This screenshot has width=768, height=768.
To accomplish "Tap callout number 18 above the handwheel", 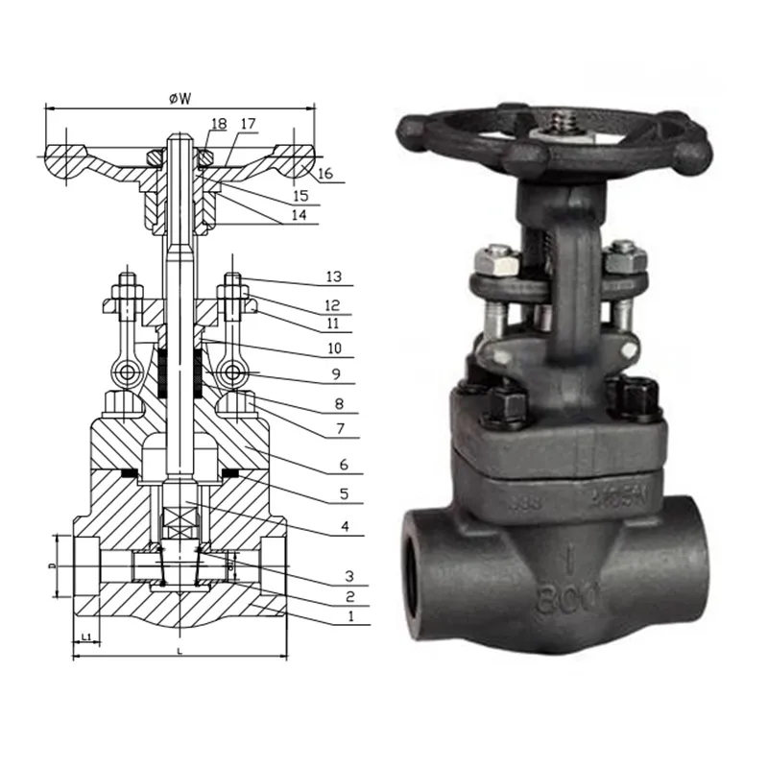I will coord(218,124).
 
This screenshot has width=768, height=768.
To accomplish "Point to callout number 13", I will coord(333,277).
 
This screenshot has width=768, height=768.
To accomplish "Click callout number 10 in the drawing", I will coord(333,350).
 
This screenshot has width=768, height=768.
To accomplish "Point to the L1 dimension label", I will coord(85,636).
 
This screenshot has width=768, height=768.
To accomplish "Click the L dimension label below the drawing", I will coord(180,652).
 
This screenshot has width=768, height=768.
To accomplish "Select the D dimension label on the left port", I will coord(54,567).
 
